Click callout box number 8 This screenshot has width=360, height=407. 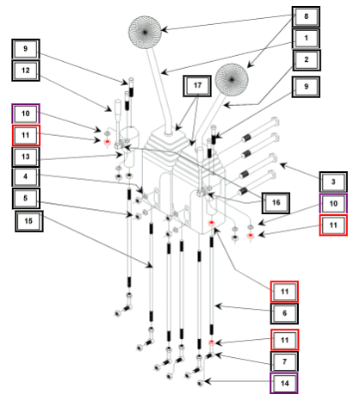pyautogui.click(x=306, y=16)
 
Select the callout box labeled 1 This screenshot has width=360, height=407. pyautogui.click(x=306, y=38)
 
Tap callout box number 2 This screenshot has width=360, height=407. pyautogui.click(x=307, y=60)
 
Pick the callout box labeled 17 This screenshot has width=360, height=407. pyautogui.click(x=197, y=86)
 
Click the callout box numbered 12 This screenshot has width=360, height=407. pyautogui.click(x=26, y=71)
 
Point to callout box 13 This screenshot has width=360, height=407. pyautogui.click(x=26, y=157)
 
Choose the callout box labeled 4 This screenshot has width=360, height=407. pyautogui.click(x=26, y=177)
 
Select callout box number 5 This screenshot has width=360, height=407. pyautogui.click(x=26, y=199)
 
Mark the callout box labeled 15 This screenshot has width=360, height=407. pyautogui.click(x=29, y=221)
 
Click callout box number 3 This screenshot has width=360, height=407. pyautogui.click(x=333, y=182)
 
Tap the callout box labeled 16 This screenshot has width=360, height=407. pyautogui.click(x=276, y=203)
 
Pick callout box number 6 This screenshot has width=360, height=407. pyautogui.click(x=284, y=313)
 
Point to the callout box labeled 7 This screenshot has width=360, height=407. pyautogui.click(x=284, y=362)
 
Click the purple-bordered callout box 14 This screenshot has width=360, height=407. pyautogui.click(x=284, y=384)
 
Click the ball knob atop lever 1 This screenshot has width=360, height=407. pyautogui.click(x=145, y=32)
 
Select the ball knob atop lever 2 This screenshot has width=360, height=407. pyautogui.click(x=232, y=79)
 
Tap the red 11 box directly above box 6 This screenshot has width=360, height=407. pyautogui.click(x=284, y=292)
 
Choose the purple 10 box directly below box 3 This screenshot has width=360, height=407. pyautogui.click(x=333, y=204)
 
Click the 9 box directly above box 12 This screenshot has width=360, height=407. pyautogui.click(x=26, y=49)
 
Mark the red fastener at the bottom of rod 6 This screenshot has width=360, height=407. pyautogui.click(x=212, y=342)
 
